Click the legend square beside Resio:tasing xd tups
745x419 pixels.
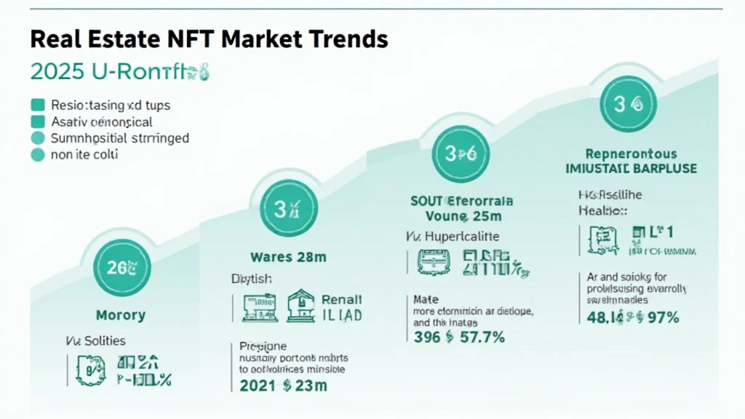coord(38,105)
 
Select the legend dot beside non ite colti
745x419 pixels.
coord(38,154)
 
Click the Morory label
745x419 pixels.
coord(121,316)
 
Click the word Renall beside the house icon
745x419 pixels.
coord(342,300)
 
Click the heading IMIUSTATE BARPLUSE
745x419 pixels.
coord(631,169)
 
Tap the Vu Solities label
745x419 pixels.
coord(96,340)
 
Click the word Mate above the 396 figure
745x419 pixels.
coord(426,298)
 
